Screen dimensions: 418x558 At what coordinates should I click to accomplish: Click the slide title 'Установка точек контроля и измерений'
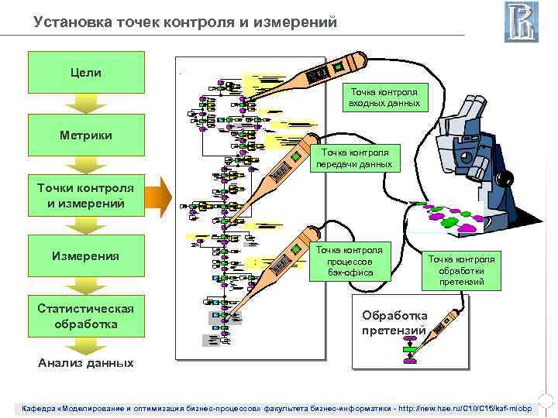[x=185, y=22]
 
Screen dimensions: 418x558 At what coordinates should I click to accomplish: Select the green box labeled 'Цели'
[x=86, y=72]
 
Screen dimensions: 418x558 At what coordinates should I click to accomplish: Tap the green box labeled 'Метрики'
[x=86, y=135]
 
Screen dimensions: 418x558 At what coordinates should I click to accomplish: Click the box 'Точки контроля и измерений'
[x=86, y=197]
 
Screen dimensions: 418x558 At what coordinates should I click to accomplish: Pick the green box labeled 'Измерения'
[x=86, y=255]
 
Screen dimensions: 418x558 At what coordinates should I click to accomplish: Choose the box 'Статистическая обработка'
[x=86, y=316]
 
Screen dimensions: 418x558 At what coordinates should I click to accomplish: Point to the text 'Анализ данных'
[x=86, y=362]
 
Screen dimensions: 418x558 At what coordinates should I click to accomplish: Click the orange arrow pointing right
[x=158, y=196]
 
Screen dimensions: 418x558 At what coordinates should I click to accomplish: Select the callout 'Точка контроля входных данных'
[x=384, y=97]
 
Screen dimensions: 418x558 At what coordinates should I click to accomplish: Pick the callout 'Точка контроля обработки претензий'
[x=462, y=269]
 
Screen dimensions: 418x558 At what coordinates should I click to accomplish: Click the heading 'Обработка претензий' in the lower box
[x=394, y=323]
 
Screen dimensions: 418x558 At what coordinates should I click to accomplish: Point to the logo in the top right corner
[x=521, y=22]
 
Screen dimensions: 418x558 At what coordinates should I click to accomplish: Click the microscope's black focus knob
[x=505, y=179]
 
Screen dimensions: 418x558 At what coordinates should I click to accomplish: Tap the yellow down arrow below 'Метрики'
[x=86, y=164]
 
